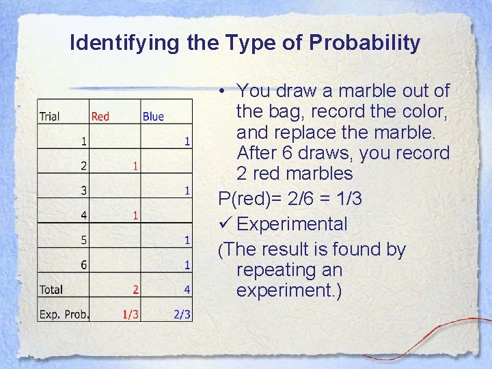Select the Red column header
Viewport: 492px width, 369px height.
(100, 116)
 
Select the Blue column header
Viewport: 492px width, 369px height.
(153, 116)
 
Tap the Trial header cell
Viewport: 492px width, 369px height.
(49, 116)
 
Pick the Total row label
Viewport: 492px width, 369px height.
(51, 290)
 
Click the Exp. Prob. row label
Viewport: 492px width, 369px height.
(64, 314)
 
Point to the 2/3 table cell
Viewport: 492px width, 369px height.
(182, 314)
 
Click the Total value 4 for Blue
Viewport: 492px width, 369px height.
(187, 290)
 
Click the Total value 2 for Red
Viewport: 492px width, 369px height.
(136, 290)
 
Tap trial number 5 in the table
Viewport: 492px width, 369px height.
(83, 241)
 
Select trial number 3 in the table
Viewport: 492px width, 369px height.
(83, 191)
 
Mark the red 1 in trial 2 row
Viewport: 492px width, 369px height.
(136, 166)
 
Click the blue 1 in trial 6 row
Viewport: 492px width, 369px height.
(187, 265)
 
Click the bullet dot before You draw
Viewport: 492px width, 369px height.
(223, 91)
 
